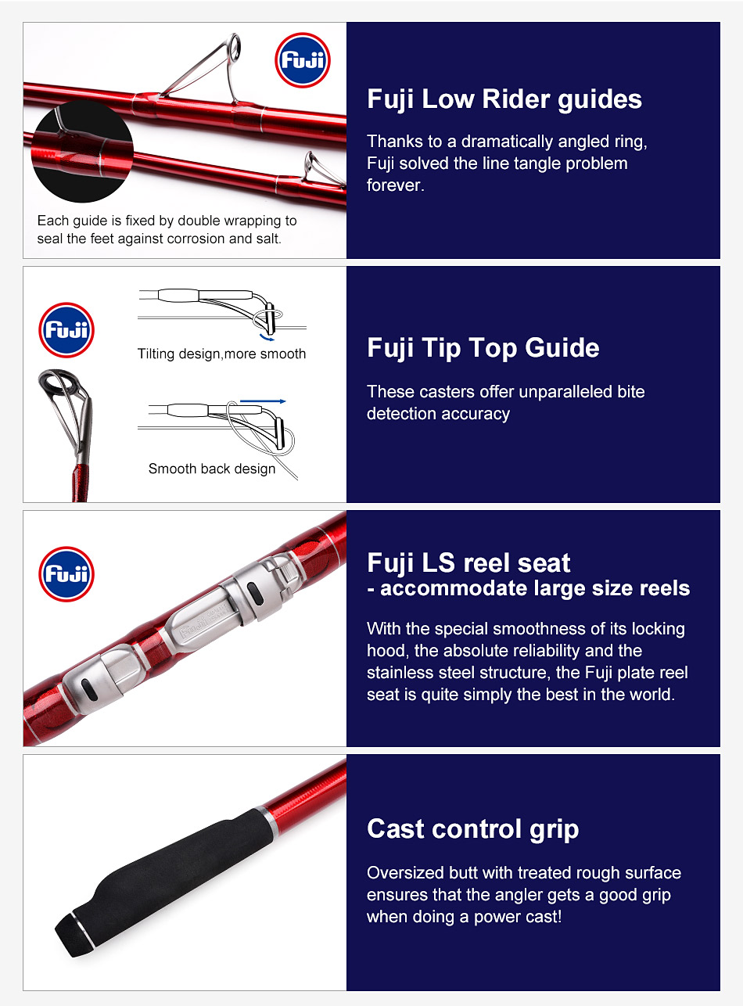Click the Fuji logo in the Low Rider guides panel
tap(303, 60)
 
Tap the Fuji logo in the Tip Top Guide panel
tap(66, 330)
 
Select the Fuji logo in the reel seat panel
tap(66, 573)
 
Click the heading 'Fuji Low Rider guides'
tap(504, 99)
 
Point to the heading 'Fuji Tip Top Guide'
tap(483, 348)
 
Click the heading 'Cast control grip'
tap(473, 829)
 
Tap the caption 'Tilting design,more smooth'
tap(222, 354)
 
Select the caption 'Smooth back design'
tap(212, 469)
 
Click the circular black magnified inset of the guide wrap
tap(82, 152)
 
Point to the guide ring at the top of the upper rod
tap(235, 45)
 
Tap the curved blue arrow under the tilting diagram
tap(267, 338)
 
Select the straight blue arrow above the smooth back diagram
tap(263, 401)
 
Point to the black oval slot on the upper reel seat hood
tap(254, 594)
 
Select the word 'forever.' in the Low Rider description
tap(396, 185)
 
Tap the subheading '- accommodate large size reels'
tap(529, 588)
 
